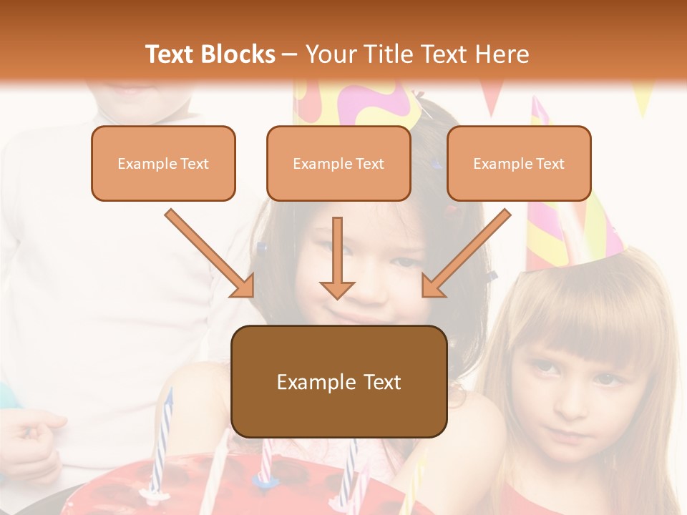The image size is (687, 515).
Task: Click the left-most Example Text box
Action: [x=163, y=164]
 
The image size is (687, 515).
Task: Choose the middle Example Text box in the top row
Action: [x=338, y=164]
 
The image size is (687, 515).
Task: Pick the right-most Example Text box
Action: [x=519, y=164]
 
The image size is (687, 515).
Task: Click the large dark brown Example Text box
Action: [x=339, y=382]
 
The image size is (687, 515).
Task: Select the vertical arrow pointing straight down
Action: [x=337, y=257]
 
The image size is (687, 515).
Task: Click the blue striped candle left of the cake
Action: [x=162, y=436]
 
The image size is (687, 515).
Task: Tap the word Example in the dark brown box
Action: [x=307, y=382]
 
